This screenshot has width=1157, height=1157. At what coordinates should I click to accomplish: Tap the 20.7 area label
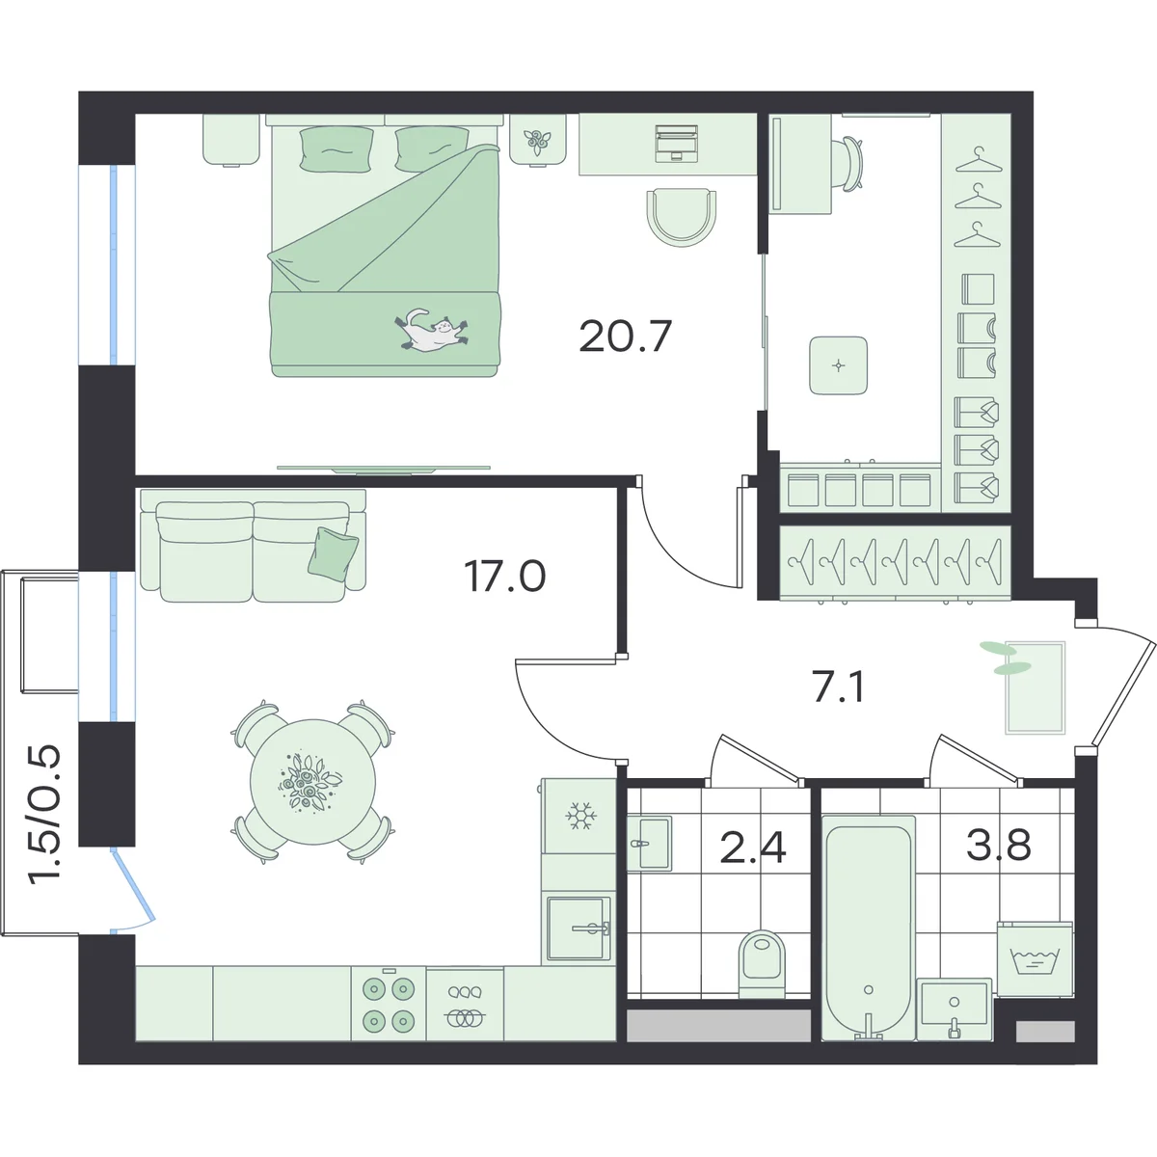coord(625,336)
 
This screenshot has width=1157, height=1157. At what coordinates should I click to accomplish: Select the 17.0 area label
coord(505,577)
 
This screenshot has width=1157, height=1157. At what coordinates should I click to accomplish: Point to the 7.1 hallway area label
coord(838,686)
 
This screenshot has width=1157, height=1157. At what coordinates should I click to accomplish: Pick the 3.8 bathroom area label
coord(999,845)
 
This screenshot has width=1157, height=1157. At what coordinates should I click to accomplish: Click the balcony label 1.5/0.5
coord(45,814)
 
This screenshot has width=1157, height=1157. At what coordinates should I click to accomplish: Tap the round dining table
coord(312,782)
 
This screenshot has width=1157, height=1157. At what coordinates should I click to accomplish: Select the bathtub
coord(868,928)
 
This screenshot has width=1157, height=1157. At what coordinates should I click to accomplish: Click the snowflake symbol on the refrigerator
coord(580,816)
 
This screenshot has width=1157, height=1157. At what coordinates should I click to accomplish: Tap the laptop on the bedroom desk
coord(677,143)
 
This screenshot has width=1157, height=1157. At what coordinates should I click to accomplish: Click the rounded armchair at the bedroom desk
coord(682,216)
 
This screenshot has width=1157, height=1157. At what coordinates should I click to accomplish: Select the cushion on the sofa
coord(333,552)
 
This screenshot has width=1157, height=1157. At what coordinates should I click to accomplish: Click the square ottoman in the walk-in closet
coord(838,365)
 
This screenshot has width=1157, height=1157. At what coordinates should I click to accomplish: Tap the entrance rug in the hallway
coord(1036,687)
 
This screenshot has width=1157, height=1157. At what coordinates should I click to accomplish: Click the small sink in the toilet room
coord(649,843)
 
